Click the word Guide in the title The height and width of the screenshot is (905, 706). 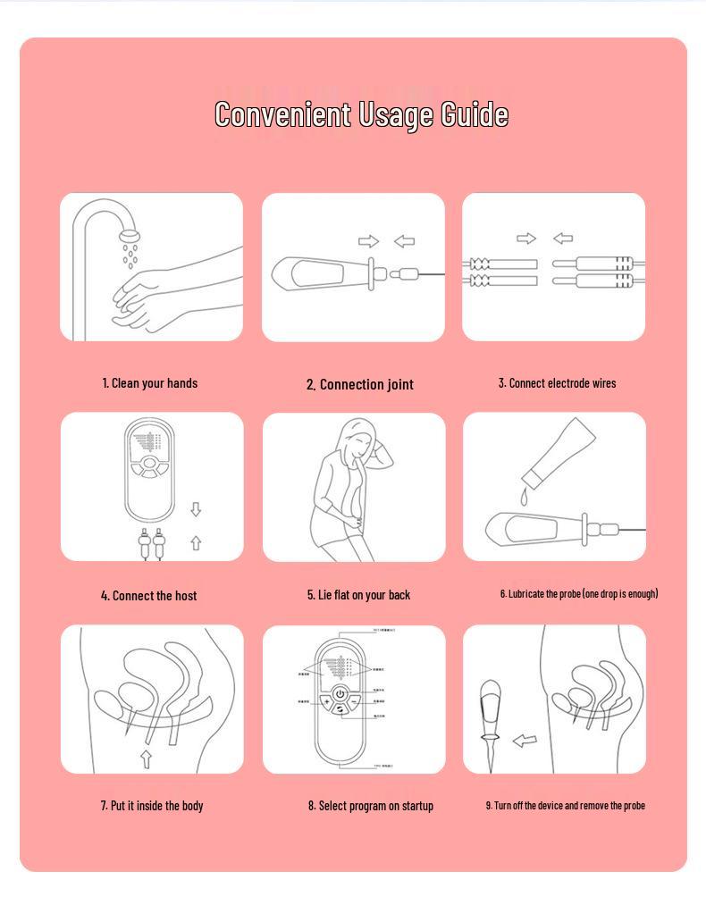point(475,115)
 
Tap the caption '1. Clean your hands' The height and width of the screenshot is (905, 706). point(150,383)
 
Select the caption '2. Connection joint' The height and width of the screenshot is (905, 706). point(360,385)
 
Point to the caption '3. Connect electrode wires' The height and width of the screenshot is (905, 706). point(557,383)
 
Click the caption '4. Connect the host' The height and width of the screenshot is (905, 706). point(149,596)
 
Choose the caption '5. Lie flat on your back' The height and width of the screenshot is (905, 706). point(358,595)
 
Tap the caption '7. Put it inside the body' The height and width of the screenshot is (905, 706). point(152,806)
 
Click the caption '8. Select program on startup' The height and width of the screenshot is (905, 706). point(371,806)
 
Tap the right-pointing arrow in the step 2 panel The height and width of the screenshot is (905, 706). point(368,241)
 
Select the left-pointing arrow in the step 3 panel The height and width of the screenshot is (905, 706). point(563,239)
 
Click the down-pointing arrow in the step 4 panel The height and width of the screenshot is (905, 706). point(196,509)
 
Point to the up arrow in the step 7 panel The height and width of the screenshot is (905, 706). point(146,758)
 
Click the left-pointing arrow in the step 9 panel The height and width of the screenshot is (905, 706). point(525,741)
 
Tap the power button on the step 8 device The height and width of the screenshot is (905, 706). point(340,694)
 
